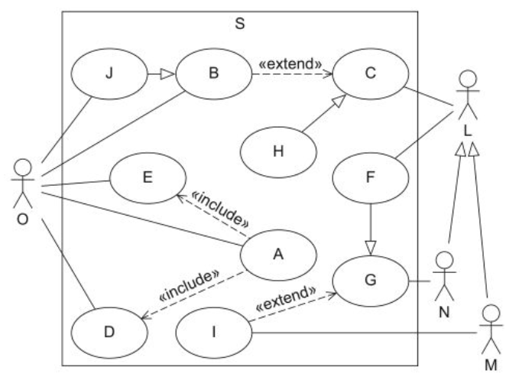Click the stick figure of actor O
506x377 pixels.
(x=24, y=180)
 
